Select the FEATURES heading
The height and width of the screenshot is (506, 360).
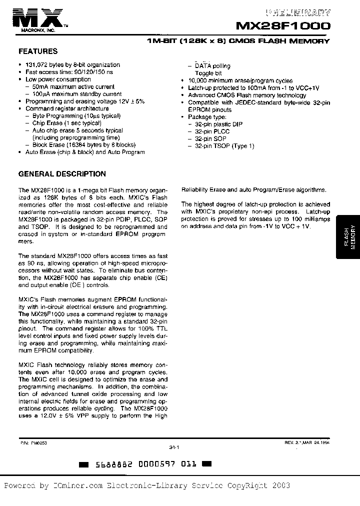tap(38, 51)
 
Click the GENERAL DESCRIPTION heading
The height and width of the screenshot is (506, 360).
tap(62, 174)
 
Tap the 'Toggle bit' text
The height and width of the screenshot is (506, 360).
tap(208, 73)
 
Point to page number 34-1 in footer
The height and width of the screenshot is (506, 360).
tap(174, 448)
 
